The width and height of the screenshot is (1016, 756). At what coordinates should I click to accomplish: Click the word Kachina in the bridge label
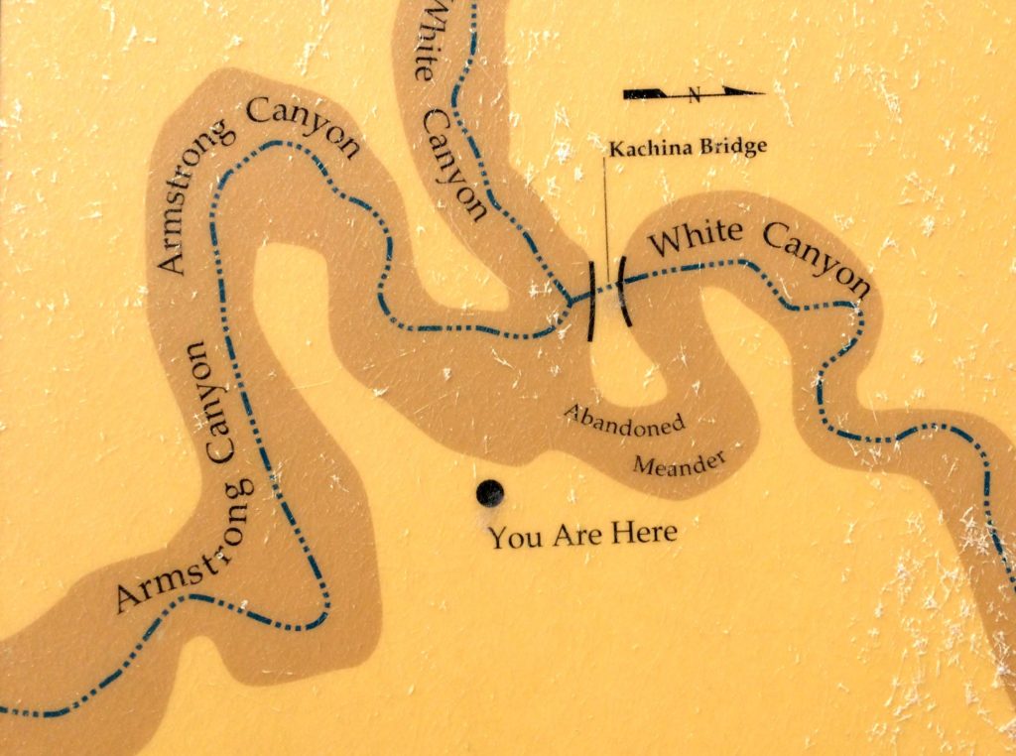coord(642,149)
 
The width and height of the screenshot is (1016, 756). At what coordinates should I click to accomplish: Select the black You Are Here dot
coord(489,492)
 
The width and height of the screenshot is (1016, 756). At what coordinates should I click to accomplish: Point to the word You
coord(513,539)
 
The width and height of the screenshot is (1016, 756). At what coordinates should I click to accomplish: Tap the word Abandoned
coord(624,422)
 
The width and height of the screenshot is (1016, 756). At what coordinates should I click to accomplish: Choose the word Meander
coord(680,459)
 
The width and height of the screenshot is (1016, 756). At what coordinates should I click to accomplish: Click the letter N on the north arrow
coord(695,95)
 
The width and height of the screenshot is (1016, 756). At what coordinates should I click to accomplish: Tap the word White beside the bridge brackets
coord(700,236)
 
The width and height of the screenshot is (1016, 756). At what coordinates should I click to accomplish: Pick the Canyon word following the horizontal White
coord(820,256)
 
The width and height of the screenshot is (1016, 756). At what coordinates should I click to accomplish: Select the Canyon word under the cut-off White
coord(456,163)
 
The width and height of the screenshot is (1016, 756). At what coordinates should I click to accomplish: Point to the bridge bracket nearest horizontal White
coord(622,290)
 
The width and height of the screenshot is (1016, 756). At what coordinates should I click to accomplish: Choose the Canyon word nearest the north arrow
coord(820,256)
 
